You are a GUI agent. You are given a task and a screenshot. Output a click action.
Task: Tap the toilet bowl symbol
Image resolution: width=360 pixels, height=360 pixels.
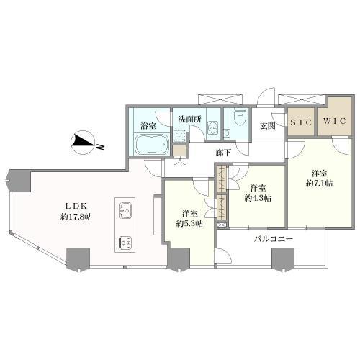pos(240,117)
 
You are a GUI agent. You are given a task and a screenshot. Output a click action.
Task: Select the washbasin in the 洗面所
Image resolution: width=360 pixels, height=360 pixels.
pos(212,127)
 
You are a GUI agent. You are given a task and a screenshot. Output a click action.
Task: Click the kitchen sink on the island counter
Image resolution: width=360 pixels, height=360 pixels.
pos(125,210)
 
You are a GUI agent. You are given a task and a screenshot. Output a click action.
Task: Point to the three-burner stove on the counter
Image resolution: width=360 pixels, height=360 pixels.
pos(125,242)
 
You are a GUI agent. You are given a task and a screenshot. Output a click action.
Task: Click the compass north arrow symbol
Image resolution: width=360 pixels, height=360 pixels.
pos(83,143)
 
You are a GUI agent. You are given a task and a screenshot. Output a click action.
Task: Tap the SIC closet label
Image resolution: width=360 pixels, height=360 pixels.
pos(301,122)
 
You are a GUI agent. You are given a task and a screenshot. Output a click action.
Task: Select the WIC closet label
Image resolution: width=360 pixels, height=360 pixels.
pos(334,121)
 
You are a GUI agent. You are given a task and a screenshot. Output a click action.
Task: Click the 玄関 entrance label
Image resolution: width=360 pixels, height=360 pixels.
pos(268,126)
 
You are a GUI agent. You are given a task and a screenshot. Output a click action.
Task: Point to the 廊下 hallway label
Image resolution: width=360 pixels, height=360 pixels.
pos(223,153)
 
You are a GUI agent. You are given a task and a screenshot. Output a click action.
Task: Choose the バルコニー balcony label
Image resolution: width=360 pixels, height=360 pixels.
pos(274,239)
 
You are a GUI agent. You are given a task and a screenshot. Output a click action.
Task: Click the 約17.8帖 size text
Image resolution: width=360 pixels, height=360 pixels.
pos(76,217)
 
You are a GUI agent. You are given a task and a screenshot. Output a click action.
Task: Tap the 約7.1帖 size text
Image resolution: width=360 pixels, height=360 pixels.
pos(319,184)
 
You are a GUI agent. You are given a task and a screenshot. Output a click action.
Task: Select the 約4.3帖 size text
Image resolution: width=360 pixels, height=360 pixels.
pos(258,198)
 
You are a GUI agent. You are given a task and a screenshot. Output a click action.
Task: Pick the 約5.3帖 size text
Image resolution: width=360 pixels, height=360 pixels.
pos(189,224)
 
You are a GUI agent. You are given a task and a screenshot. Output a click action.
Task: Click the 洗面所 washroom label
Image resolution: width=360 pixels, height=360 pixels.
pos(189,120)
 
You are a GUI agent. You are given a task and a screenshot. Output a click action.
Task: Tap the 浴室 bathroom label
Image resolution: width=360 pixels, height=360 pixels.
pos(148,126)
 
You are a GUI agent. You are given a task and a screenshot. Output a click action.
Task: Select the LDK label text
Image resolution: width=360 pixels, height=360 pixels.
pos(76,206)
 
